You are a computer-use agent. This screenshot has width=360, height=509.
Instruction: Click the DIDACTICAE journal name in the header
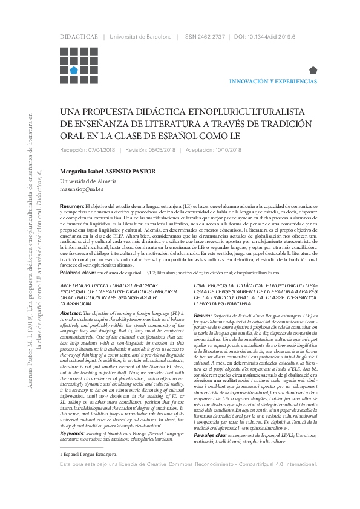[x=79, y=37]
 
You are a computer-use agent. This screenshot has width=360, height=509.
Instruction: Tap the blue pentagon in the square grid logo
[x=73, y=70]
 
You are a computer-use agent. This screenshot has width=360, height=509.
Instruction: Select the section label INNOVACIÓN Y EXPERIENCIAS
[x=273, y=81]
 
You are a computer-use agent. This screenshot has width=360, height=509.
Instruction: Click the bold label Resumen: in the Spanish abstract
[x=72, y=207]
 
